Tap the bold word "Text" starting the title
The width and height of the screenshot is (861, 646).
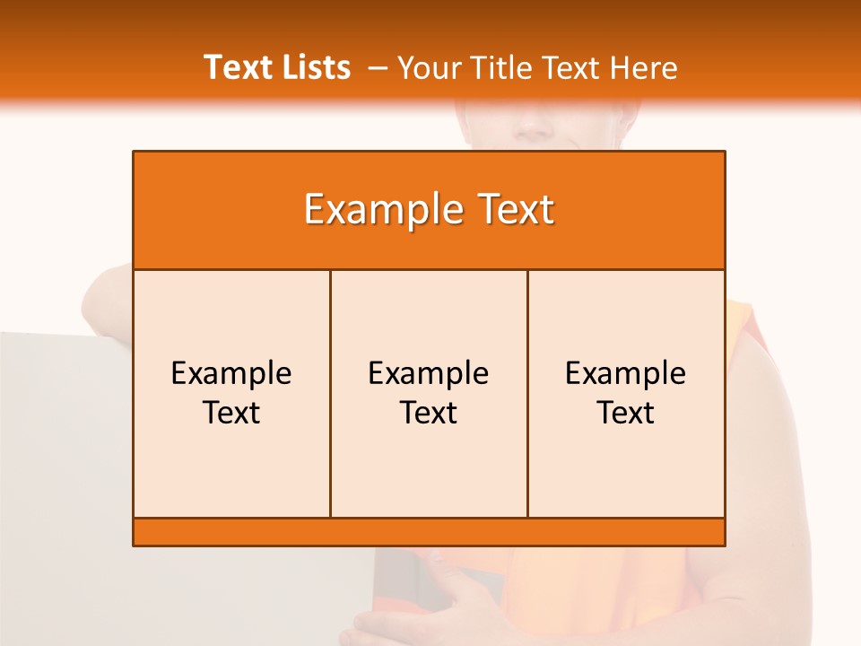[236, 67]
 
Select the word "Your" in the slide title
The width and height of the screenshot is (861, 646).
[427, 67]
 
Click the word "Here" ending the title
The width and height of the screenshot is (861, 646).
[643, 67]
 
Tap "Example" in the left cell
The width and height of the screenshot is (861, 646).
[231, 373]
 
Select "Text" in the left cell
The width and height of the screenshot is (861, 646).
[231, 413]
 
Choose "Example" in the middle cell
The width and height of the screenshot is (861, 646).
[429, 373]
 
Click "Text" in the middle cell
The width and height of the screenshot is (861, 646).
[429, 413]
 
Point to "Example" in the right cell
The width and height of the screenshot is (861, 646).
[626, 373]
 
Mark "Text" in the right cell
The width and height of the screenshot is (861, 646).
[626, 413]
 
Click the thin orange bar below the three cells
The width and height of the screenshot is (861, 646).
[429, 531]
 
